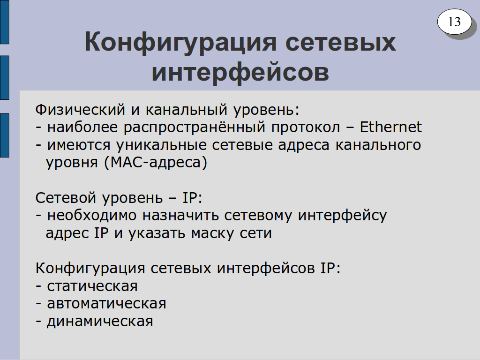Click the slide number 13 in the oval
pyautogui.click(x=454, y=22)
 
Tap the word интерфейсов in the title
pyautogui.click(x=240, y=72)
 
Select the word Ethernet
pyautogui.click(x=390, y=127)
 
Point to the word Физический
pyautogui.click(x=80, y=110)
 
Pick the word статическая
pyautogui.click(x=92, y=286)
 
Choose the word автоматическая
pyautogui.click(x=106, y=304)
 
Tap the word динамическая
pyautogui.click(x=100, y=322)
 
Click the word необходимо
pyautogui.click(x=91, y=216)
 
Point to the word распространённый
pyautogui.click(x=195, y=127)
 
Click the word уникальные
pyautogui.click(x=161, y=145)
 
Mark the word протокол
pyautogui.click(x=306, y=127)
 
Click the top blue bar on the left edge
pyautogui.click(x=4, y=22)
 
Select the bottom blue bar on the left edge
pyautogui.click(x=4, y=135)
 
